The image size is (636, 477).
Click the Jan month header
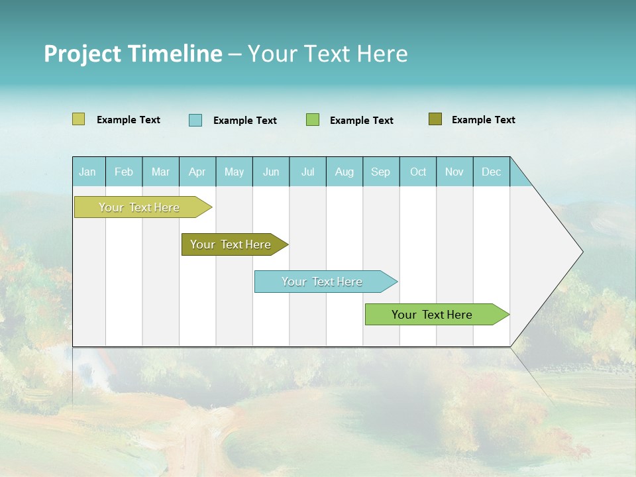(x=88, y=172)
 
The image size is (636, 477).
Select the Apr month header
(x=197, y=172)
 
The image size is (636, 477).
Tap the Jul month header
(x=307, y=172)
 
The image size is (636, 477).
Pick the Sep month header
(x=380, y=172)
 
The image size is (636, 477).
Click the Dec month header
(x=491, y=172)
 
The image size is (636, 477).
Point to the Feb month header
(x=124, y=172)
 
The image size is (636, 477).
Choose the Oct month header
(x=418, y=172)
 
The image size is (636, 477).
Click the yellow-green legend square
(x=78, y=119)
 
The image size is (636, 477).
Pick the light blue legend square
(x=195, y=120)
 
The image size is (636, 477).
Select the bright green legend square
(x=313, y=120)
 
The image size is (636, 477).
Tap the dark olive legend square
(x=435, y=119)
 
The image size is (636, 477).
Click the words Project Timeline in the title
(x=133, y=54)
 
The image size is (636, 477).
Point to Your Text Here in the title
(x=327, y=54)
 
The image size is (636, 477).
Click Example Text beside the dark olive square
(x=483, y=120)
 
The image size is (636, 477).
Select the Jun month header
(x=271, y=172)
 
